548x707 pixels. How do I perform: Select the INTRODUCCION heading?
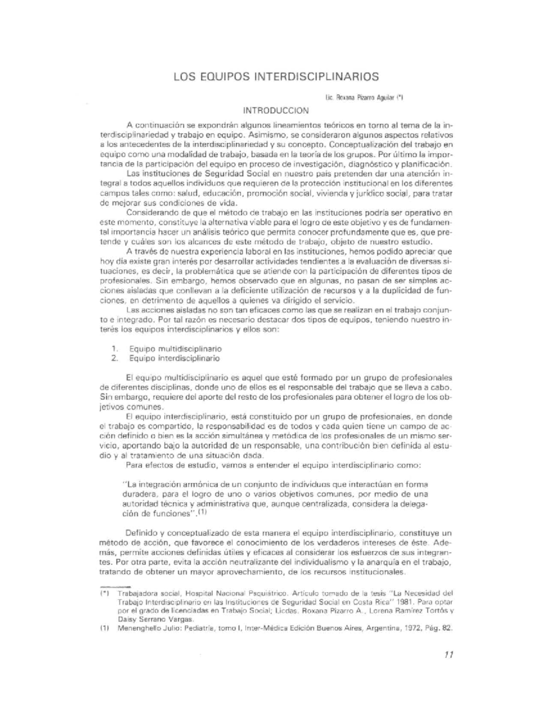point(276,110)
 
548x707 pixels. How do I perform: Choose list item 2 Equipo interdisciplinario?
point(174,358)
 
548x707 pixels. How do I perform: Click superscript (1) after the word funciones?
point(203,512)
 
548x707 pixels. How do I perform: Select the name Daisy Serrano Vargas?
point(156,619)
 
